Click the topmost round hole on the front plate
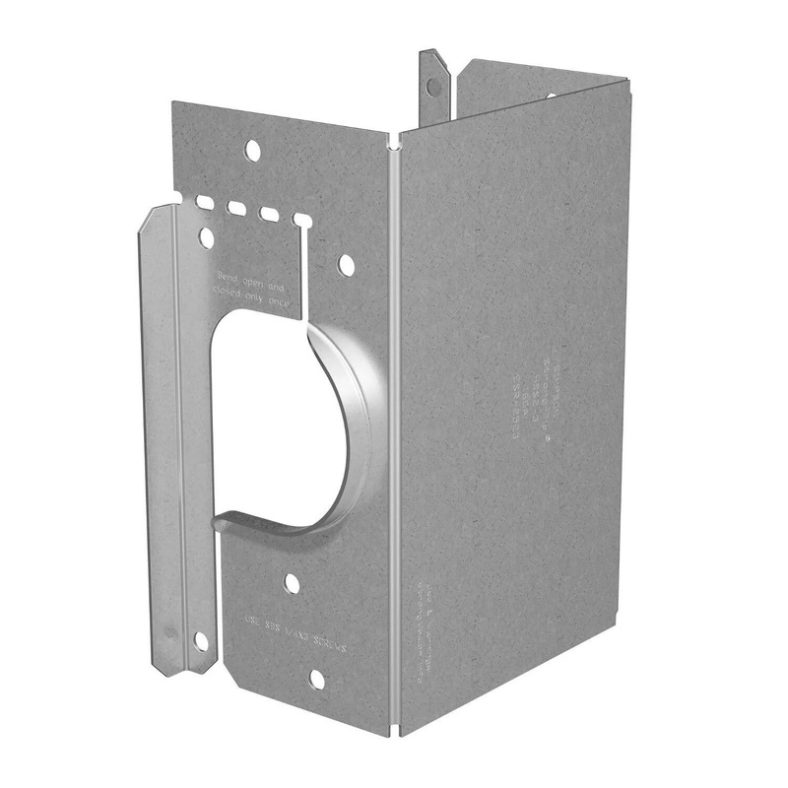(252, 151)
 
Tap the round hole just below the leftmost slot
(206, 237)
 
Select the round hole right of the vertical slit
(346, 265)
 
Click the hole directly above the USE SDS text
(292, 583)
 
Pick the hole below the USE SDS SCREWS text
(316, 679)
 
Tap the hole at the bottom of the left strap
(201, 641)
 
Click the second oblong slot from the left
(236, 208)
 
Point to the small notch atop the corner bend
(395, 143)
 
